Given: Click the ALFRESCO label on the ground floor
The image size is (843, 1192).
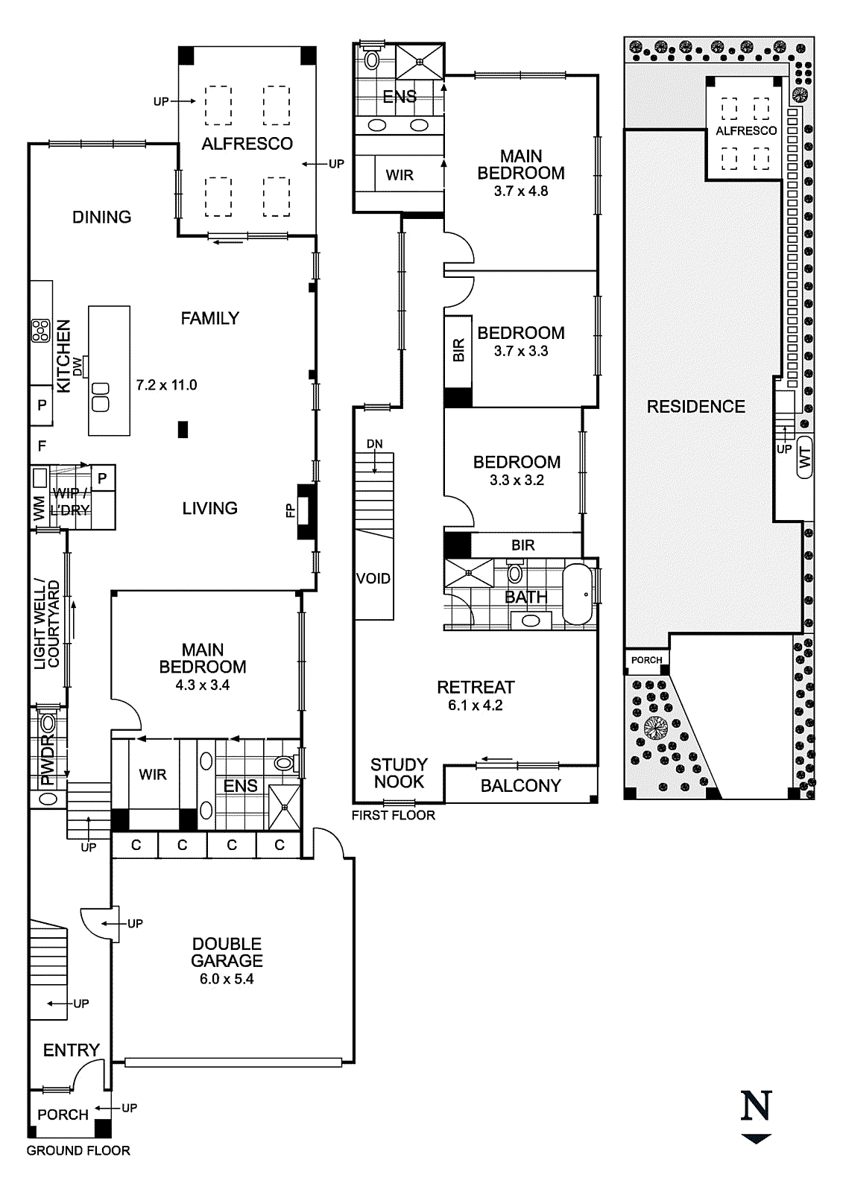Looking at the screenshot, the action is point(247,144).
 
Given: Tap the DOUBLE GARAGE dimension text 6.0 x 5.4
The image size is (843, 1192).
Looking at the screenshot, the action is point(227,979).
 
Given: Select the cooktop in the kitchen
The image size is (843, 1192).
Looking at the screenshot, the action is point(40,331).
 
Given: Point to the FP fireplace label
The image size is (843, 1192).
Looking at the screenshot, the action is point(290,511).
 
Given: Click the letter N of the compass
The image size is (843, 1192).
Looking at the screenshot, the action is point(757,1106).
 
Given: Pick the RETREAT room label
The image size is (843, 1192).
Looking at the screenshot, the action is point(476,687).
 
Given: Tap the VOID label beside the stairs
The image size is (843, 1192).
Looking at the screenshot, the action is point(373,578).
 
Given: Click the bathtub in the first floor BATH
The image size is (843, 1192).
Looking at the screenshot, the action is point(577,594).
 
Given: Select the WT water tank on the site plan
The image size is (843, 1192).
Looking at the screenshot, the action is point(805,457).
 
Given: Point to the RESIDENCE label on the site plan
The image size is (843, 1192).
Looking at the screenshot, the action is point(696,407).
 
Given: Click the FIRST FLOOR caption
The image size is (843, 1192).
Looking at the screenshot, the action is point(393,815).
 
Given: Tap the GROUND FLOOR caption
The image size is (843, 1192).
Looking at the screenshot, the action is point(78,1150).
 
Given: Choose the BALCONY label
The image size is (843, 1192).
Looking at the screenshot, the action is point(521,786).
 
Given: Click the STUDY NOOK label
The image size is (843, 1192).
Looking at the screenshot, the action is point(399,773).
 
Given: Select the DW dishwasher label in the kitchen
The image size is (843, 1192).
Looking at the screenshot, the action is point(78,367).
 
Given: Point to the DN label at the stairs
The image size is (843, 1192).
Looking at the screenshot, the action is point(374,444).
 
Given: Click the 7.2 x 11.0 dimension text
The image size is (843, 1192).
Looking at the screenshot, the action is point(167,384).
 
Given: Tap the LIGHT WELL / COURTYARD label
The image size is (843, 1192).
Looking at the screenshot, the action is point(46,624).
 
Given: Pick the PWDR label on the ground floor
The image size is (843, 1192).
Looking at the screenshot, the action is point(48,761).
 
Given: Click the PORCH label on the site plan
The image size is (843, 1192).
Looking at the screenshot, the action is point(646,660).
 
